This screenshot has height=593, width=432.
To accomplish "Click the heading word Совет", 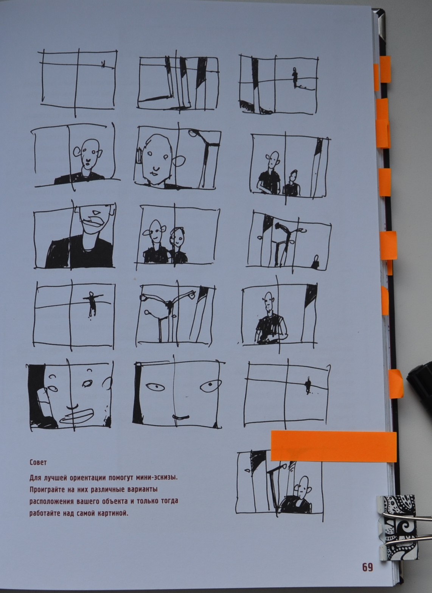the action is coord(38,462).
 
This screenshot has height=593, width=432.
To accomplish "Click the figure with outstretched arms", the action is coord(92,304).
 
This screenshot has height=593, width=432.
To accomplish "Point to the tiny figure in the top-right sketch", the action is coord(295,77).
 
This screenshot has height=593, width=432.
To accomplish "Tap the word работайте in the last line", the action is coord(45,514).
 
